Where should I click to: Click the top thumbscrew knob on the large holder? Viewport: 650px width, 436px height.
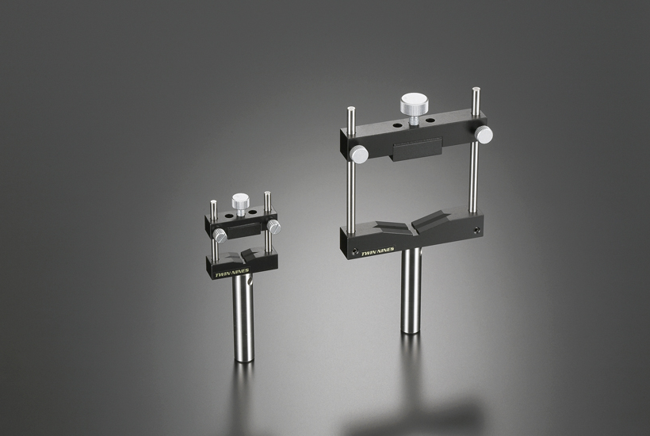point(411,105)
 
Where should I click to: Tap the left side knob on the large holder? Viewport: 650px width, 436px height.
point(359,154)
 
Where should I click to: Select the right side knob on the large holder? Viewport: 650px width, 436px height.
point(484,133)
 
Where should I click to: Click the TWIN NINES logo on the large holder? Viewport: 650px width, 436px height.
point(377,252)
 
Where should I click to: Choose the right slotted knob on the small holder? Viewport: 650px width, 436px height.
point(273,226)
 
